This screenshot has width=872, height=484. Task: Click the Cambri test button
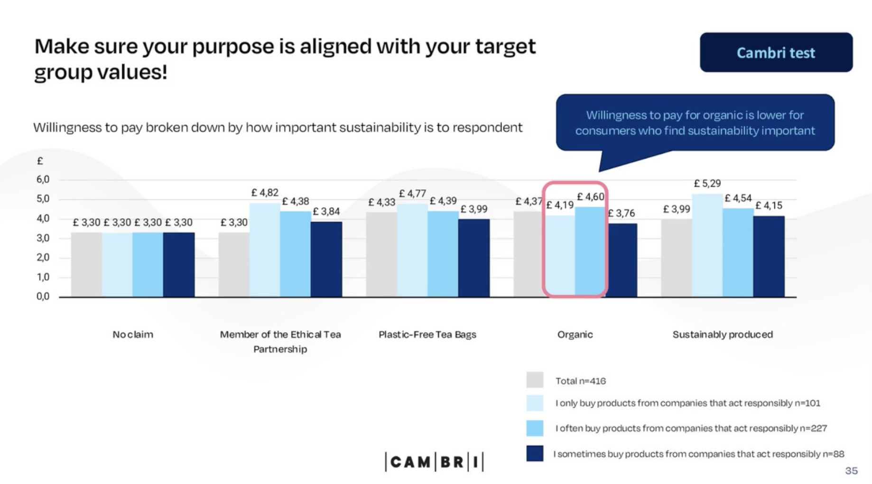[x=776, y=52]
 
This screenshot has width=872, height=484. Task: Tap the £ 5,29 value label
[x=707, y=183]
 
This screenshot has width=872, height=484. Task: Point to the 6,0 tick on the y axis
[x=43, y=179]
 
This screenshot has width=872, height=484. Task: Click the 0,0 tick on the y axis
[x=43, y=297]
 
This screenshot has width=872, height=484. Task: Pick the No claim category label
[x=133, y=335]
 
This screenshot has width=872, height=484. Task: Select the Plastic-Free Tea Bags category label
[x=427, y=335]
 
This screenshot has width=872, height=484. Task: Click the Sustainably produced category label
[x=723, y=335]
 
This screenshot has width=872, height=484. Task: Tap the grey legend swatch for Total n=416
[x=535, y=380]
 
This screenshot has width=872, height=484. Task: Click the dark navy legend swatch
[x=535, y=454]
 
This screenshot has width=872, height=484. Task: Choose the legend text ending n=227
[x=691, y=428]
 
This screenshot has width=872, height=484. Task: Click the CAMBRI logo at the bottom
[x=434, y=462]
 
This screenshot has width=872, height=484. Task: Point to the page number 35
[x=851, y=471]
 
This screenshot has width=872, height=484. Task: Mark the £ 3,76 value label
[x=622, y=213]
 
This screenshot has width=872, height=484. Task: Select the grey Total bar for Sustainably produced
[x=676, y=258]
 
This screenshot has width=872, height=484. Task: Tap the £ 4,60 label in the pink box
[x=591, y=196]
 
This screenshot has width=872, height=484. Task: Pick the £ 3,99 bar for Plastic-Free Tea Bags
[x=474, y=258]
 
